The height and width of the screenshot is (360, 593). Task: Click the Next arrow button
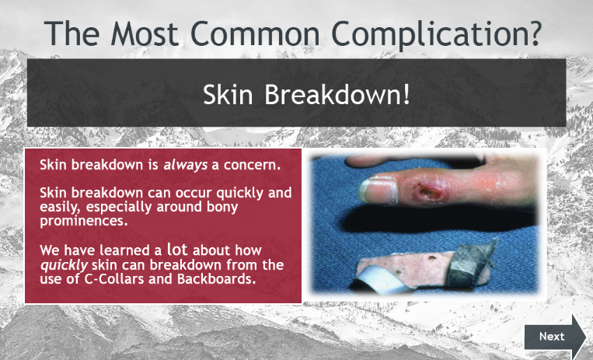pos(555,337)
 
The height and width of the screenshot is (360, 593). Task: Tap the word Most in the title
pos(145,33)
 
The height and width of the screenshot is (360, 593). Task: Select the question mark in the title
pos(535,33)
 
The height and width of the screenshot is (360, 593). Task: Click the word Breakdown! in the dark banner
pos(337,94)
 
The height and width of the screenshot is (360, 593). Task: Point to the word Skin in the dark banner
pos(228,94)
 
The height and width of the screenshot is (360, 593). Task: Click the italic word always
pos(185,165)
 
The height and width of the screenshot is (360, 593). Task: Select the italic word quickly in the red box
pos(64,265)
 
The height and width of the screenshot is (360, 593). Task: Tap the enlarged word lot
pos(177,249)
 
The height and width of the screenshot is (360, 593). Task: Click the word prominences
pos(84,221)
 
